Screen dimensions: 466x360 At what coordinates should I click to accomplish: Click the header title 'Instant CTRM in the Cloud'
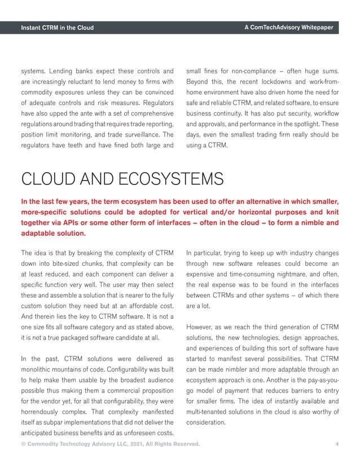[x=57, y=28]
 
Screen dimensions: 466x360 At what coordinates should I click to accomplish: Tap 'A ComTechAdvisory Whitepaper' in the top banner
[x=289, y=28]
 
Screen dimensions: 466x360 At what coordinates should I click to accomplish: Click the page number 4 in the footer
[x=337, y=445]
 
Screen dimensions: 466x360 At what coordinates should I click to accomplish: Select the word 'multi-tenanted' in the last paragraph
[x=209, y=412]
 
